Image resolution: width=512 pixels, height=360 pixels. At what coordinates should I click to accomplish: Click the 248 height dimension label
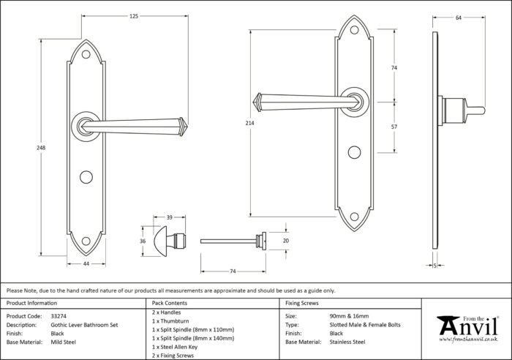coord(41,148)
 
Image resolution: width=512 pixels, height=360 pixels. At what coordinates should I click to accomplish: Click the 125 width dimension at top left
coord(134,16)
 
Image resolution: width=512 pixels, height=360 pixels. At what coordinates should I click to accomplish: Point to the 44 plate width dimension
coord(86,263)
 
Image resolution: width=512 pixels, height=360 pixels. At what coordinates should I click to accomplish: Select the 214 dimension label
coord(250,123)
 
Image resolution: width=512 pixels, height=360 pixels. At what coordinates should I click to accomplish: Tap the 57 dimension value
coord(394,127)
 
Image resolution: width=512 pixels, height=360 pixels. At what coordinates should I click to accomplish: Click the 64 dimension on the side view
coord(459,18)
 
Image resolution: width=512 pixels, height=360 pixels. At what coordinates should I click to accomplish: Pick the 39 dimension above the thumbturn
coord(170,217)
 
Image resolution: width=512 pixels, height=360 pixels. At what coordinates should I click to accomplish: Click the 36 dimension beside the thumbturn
coord(143,241)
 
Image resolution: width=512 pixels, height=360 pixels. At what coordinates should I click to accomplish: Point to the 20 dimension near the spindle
coord(286,241)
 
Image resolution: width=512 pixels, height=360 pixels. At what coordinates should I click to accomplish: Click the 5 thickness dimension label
coord(435,266)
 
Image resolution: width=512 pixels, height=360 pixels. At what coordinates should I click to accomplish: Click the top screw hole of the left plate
coord(86,54)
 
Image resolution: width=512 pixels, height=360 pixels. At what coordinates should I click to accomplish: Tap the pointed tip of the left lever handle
coord(187,127)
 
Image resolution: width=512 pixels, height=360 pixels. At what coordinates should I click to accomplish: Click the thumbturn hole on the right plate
coord(354,152)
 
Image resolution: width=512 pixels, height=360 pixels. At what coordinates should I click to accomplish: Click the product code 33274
coord(59,316)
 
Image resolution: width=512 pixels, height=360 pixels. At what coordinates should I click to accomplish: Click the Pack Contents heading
coord(170,303)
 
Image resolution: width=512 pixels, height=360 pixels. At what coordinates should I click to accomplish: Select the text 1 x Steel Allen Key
coord(175,347)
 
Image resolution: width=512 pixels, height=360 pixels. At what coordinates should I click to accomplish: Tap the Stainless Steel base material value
coord(347,342)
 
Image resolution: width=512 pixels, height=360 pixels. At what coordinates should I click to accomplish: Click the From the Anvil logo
coord(468,329)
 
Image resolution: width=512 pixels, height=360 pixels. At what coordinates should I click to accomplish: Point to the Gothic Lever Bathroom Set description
coord(84,325)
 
